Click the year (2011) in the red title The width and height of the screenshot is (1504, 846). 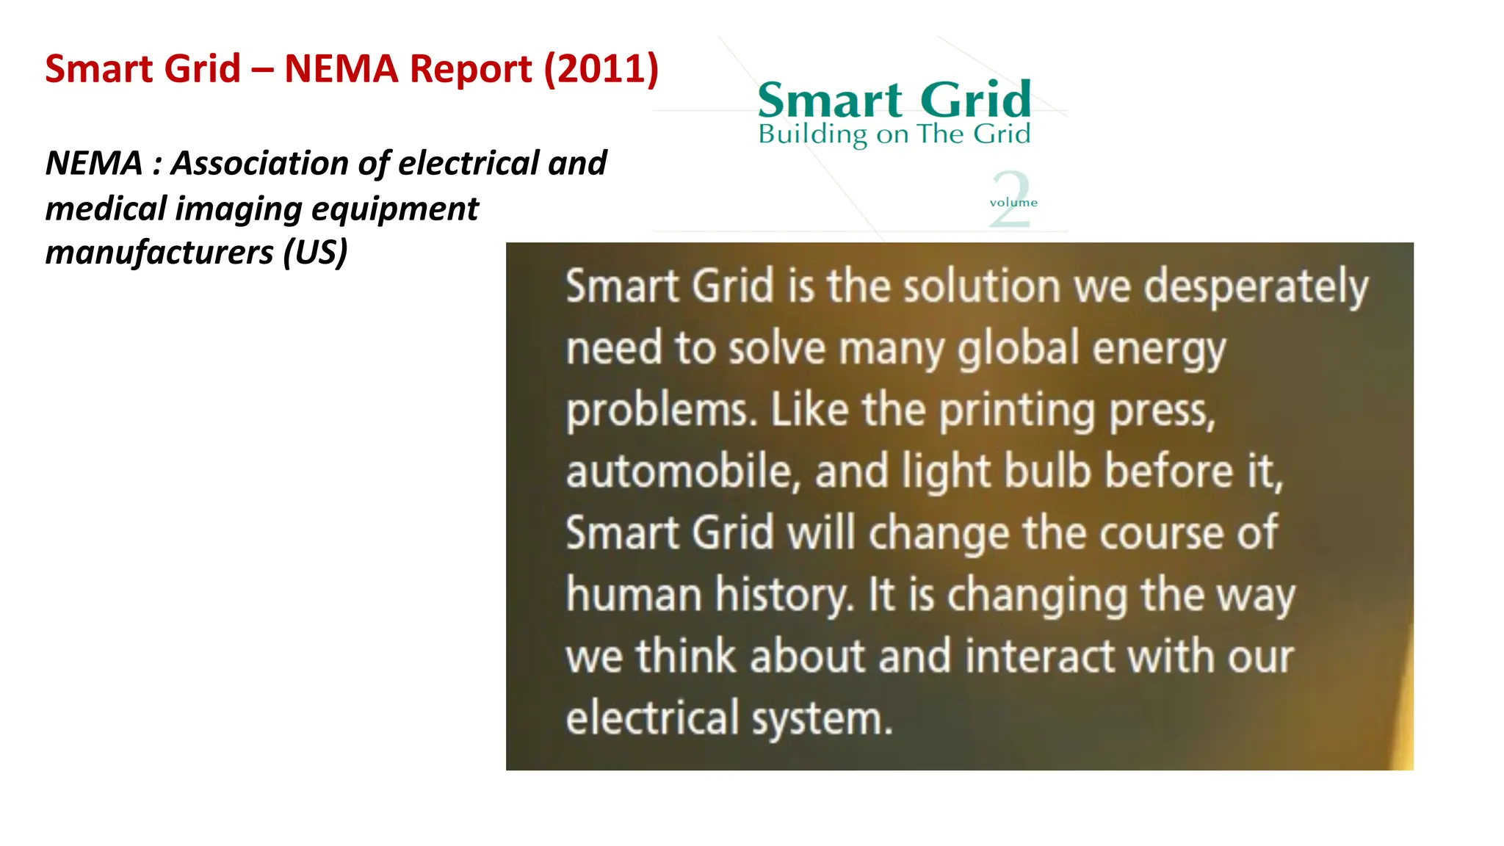tap(601, 69)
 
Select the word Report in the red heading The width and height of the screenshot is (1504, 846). tap(470, 69)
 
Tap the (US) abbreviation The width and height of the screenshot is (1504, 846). tap(315, 253)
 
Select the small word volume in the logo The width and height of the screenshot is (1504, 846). tap(1013, 203)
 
